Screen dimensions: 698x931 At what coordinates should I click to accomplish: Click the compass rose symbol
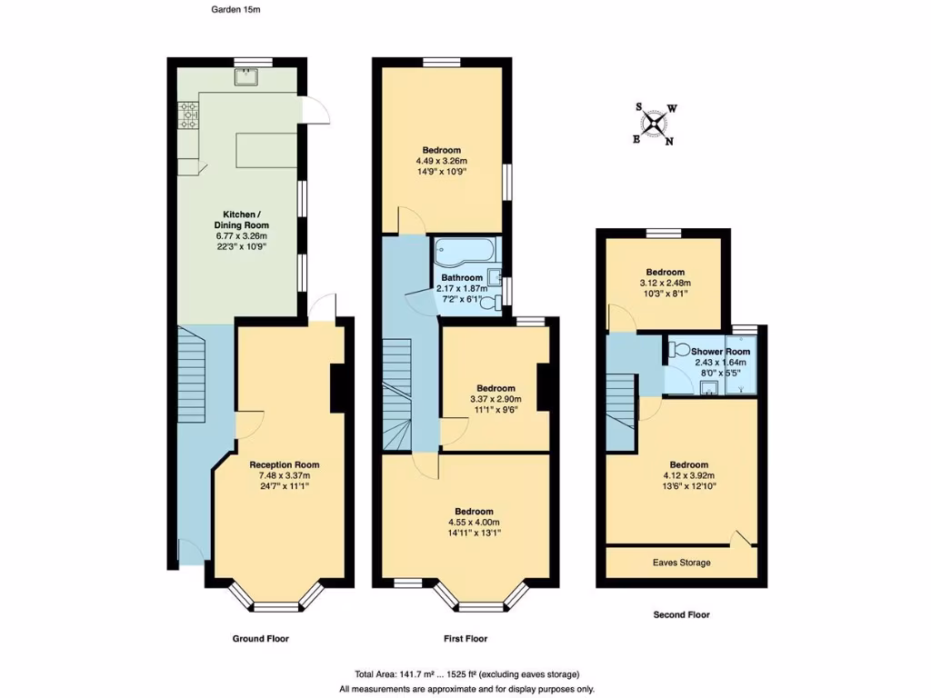tap(655, 124)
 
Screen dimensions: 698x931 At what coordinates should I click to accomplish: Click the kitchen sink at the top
tap(244, 77)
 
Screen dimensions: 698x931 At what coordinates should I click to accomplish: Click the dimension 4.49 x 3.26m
tap(441, 162)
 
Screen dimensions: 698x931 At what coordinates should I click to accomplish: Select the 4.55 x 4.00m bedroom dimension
tap(474, 523)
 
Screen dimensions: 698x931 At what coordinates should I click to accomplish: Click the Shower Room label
tap(720, 352)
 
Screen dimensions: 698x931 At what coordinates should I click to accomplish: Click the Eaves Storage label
tap(681, 563)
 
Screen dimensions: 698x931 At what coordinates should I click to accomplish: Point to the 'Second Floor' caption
tap(681, 614)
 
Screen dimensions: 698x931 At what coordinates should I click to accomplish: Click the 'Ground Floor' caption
tap(260, 639)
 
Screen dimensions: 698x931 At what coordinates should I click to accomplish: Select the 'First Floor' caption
tap(465, 639)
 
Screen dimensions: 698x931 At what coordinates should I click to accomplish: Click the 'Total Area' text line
tap(466, 674)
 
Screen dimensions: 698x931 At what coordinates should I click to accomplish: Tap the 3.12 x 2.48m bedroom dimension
tap(666, 284)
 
